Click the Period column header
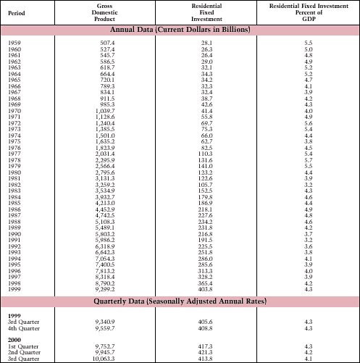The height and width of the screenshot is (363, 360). pyautogui.click(x=18, y=13)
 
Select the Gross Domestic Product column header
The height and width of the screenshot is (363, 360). pyautogui.click(x=104, y=13)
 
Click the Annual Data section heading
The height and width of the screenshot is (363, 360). pyautogui.click(x=180, y=30)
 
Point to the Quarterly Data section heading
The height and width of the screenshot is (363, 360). pyautogui.click(x=180, y=301)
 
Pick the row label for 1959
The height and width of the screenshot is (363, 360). pyautogui.click(x=14, y=43)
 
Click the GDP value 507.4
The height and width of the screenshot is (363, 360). pyautogui.click(x=104, y=43)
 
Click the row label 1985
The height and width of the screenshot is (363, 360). pyautogui.click(x=14, y=204)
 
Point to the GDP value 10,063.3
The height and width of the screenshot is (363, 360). pyautogui.click(x=106, y=358)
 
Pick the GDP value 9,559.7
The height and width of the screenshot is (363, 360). pyautogui.click(x=106, y=327)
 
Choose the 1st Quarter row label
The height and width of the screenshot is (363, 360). pyautogui.click(x=22, y=346)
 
